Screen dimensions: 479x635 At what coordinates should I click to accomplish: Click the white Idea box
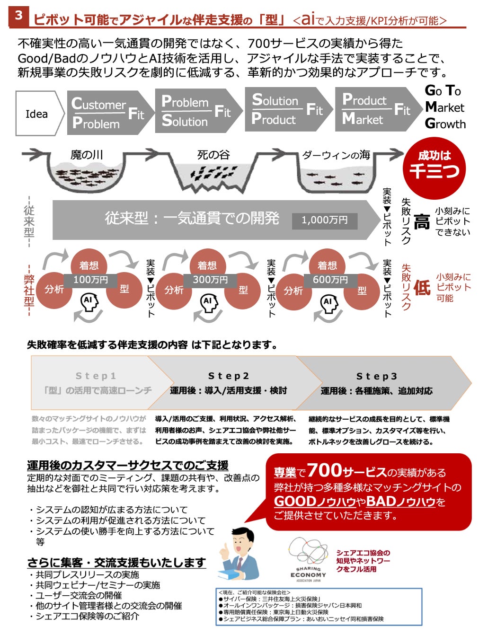coord(37,114)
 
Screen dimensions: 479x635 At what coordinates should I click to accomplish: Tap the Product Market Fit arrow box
coord(376,110)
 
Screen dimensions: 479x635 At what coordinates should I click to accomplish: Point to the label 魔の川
coord(87,155)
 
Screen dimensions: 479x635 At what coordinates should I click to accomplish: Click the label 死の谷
coord(213,155)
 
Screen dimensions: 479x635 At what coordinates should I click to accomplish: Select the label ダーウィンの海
coord(336,155)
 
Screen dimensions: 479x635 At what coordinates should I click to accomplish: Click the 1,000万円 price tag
coord(324,220)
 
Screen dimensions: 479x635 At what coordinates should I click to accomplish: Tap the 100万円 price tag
coord(90,280)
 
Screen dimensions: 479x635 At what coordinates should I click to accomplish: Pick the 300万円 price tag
coord(210,280)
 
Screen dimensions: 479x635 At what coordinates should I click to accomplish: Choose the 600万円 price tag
coord(330,280)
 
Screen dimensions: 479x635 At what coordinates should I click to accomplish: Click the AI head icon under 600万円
coord(328,303)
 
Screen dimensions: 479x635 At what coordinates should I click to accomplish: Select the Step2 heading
coord(229,376)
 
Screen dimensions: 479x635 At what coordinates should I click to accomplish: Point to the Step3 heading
coord(377,376)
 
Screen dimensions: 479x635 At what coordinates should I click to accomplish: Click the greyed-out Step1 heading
coord(96,376)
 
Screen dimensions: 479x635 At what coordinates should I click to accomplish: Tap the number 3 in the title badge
coord(18,16)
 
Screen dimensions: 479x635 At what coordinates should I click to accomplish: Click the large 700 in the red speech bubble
coord(324,470)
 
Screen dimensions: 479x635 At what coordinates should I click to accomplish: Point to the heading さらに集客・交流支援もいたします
coord(116,563)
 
